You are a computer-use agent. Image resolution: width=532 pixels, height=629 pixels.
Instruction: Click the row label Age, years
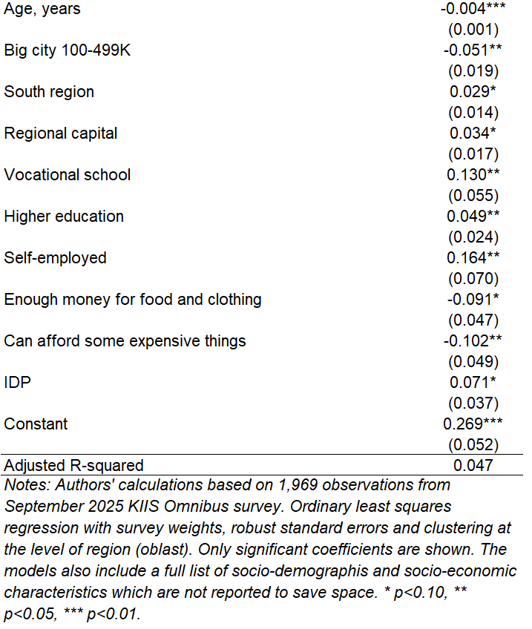pyautogui.click(x=42, y=10)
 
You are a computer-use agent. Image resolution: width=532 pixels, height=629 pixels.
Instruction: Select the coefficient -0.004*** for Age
pyautogui.click(x=473, y=10)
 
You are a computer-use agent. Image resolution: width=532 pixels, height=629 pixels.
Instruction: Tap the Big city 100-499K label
pyautogui.click(x=68, y=51)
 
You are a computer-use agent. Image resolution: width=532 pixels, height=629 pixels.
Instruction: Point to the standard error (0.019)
pyautogui.click(x=473, y=72)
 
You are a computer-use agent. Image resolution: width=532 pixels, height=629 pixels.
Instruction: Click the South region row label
pyautogui.click(x=49, y=93)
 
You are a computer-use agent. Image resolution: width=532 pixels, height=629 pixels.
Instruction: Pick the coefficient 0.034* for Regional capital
pyautogui.click(x=473, y=134)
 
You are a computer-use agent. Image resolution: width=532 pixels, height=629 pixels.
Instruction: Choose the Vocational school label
pyautogui.click(x=68, y=175)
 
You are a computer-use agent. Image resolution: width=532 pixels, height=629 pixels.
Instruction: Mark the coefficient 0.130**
pyautogui.click(x=473, y=175)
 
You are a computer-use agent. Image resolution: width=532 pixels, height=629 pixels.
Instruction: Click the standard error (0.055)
pyautogui.click(x=473, y=196)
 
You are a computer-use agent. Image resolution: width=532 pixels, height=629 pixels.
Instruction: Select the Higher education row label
pyautogui.click(x=64, y=217)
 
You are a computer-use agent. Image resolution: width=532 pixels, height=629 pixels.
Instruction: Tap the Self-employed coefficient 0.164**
pyautogui.click(x=473, y=258)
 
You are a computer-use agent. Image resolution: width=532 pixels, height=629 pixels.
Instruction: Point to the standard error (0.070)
pyautogui.click(x=473, y=279)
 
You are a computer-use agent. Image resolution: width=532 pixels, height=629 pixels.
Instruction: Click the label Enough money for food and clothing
pyautogui.click(x=133, y=300)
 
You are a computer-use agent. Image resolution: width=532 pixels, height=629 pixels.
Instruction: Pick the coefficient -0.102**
pyautogui.click(x=473, y=341)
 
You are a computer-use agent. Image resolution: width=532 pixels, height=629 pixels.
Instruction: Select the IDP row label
pyautogui.click(x=18, y=383)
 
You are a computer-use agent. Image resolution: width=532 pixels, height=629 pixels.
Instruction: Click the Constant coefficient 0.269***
pyautogui.click(x=473, y=424)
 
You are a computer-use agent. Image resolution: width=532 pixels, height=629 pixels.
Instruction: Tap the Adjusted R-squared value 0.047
pyautogui.click(x=473, y=466)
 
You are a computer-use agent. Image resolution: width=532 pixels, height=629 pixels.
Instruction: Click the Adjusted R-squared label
pyautogui.click(x=73, y=466)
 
